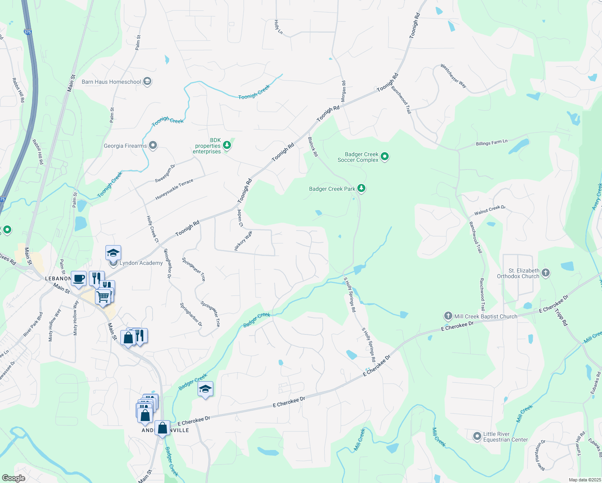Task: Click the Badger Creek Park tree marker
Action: coord(361,188)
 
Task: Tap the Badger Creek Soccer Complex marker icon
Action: coord(385,157)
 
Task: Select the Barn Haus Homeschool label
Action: coord(111,82)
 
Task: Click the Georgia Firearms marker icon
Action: coord(153,145)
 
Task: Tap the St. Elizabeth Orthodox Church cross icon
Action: coord(545,273)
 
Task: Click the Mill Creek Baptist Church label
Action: coord(486,316)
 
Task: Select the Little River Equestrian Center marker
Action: coord(477,436)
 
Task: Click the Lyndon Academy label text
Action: coord(141,263)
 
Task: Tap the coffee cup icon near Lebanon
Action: coord(79,278)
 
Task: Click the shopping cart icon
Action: coord(103,297)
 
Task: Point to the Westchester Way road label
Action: coord(453,76)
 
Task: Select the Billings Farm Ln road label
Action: coord(491,142)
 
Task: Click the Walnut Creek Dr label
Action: coord(489,210)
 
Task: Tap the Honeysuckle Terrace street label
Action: coord(174,190)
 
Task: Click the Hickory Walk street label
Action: coord(243,241)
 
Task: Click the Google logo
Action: coord(13,478)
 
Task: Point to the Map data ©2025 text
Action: coord(584,480)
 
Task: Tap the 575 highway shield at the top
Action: coord(27,32)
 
